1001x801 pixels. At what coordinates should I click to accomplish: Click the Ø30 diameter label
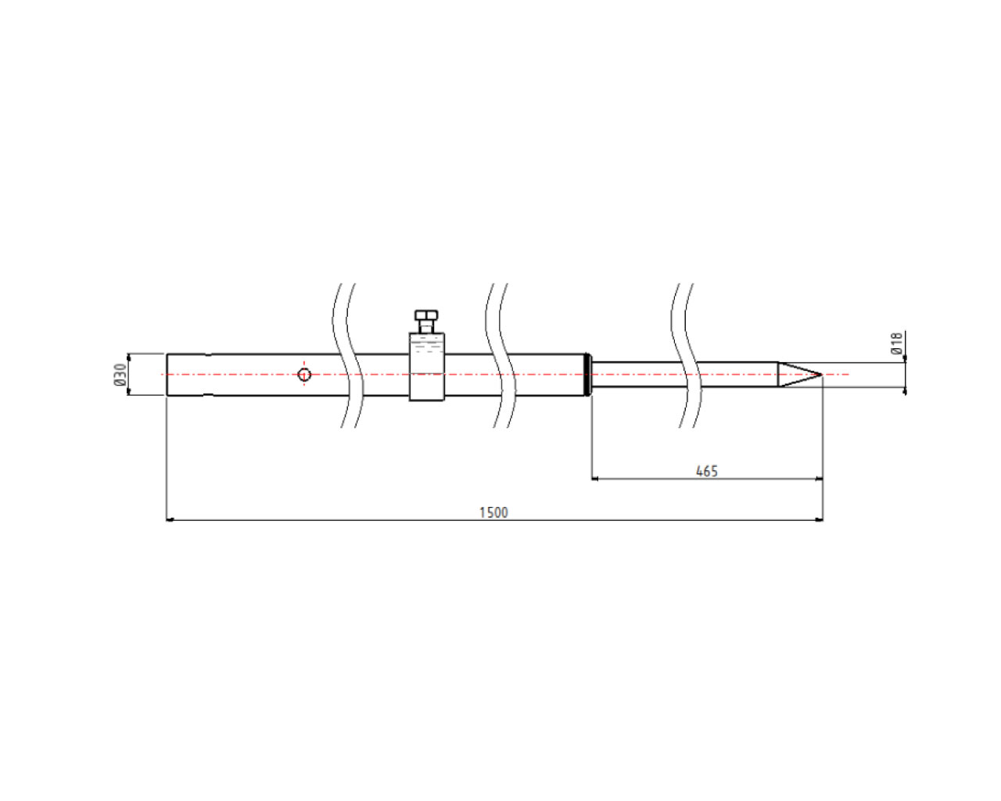[x=120, y=375]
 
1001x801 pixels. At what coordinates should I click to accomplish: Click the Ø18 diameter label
[x=896, y=343]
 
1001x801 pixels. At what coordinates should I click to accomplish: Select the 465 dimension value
[x=706, y=472]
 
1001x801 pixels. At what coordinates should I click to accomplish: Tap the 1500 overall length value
[x=493, y=513]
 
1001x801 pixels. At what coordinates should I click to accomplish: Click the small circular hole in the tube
[x=304, y=374]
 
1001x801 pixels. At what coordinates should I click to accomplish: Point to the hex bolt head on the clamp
[x=426, y=315]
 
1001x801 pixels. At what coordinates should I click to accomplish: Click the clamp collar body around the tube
[x=426, y=367]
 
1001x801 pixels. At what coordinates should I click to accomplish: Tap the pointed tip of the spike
[x=822, y=374]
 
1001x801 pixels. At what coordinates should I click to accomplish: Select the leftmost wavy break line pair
[x=348, y=356]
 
